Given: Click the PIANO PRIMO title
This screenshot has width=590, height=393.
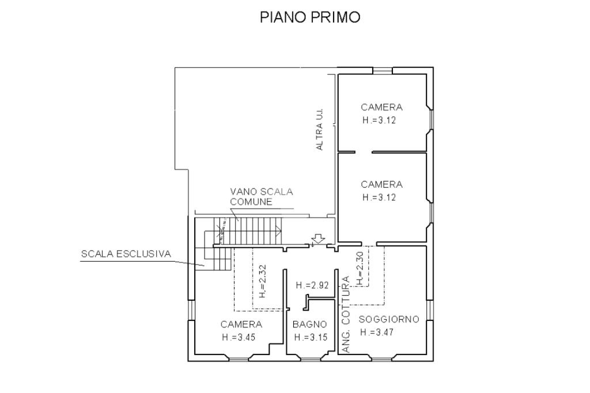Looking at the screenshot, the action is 310,17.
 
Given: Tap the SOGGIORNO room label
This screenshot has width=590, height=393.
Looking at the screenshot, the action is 389,319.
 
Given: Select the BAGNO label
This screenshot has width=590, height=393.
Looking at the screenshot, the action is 309,324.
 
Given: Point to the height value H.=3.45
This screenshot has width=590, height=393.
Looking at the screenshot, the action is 239,337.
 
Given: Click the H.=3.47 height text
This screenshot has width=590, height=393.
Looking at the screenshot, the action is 377,332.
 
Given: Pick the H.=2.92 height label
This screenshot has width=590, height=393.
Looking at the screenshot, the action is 312,285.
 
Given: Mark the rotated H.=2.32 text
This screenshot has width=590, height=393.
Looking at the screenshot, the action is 263,281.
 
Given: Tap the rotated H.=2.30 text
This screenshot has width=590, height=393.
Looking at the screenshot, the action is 360,268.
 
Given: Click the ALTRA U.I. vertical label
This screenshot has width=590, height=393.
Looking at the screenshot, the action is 319,130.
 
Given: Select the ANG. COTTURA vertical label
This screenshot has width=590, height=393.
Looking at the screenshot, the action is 346,314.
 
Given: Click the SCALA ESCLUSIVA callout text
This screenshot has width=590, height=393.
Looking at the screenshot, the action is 126,254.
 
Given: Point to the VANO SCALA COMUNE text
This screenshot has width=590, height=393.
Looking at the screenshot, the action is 262,197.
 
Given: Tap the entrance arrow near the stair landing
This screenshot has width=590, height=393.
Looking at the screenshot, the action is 318,239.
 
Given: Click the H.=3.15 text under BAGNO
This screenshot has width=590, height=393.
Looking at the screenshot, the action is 311,337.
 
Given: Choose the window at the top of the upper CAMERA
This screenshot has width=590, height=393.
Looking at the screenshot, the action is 383,71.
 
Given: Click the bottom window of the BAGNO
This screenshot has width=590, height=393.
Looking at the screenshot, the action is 311,358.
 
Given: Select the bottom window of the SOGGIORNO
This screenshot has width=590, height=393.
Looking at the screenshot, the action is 383,358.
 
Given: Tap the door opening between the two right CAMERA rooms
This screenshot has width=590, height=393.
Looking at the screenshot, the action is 364,153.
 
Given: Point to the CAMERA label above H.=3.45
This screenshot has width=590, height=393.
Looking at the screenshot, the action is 241,324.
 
